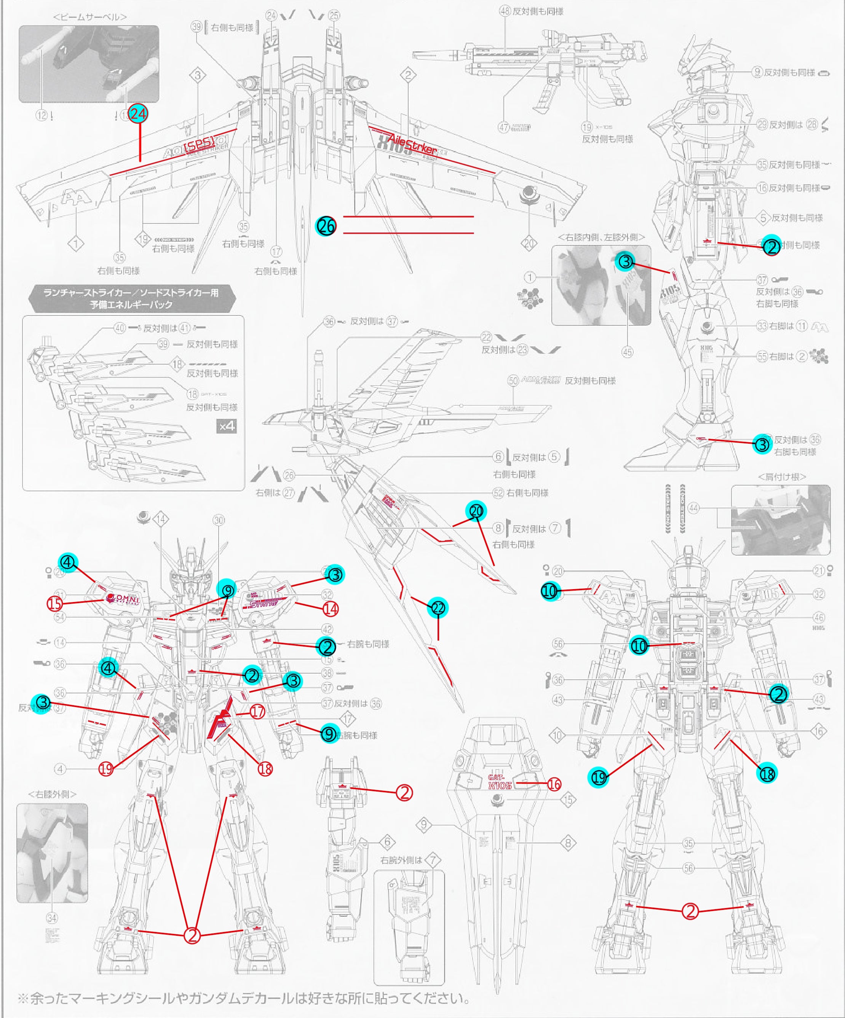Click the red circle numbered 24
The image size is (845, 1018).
coord(138,115)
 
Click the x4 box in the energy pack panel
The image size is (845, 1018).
coord(227,427)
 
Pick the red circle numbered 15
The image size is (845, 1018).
coord(55,604)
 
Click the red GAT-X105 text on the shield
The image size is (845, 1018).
coord(500,781)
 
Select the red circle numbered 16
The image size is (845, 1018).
coord(554,784)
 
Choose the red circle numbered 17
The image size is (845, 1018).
coord(257,712)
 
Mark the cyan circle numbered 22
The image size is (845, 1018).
coord(438,608)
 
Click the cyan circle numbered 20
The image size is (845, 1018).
coord(476,511)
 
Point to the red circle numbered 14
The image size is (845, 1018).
coord(330,609)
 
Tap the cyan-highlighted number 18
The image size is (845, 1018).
coord(767,774)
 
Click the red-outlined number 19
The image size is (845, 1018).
coord(106,768)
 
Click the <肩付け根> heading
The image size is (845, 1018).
coord(781,476)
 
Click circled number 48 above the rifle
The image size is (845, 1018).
coord(505,11)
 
